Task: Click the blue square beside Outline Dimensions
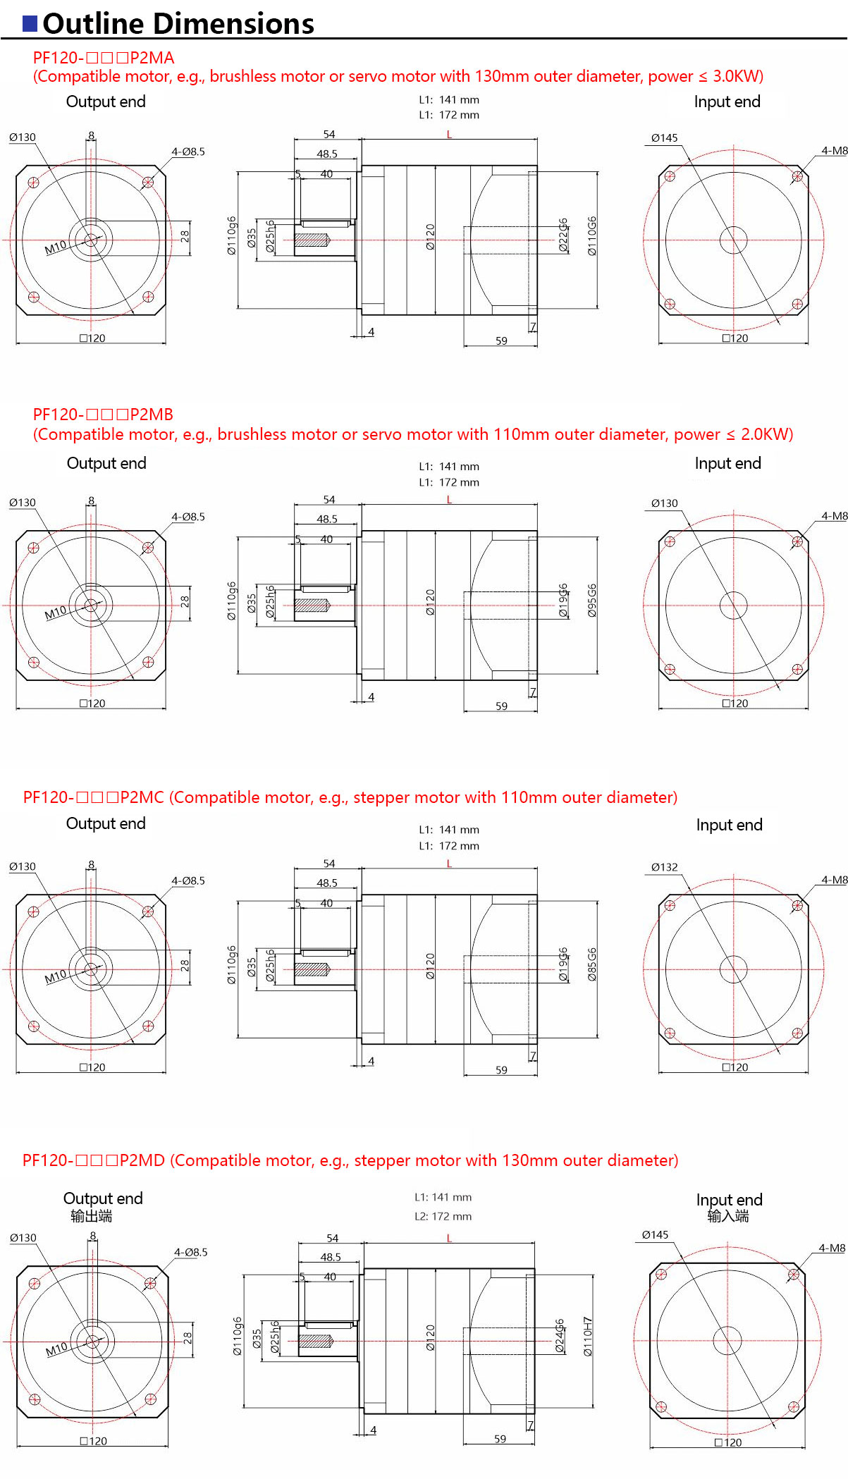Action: pyautogui.click(x=30, y=24)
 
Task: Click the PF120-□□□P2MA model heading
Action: pyautogui.click(x=103, y=58)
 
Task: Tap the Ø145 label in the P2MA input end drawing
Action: pyautogui.click(x=664, y=138)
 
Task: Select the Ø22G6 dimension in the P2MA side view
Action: pyautogui.click(x=563, y=235)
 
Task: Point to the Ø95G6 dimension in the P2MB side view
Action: pyautogui.click(x=592, y=601)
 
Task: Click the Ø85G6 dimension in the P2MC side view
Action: pyautogui.click(x=592, y=964)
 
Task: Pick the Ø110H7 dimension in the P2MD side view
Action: pyautogui.click(x=588, y=1337)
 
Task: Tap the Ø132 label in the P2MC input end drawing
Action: pyautogui.click(x=664, y=867)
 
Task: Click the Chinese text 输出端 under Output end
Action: pyautogui.click(x=91, y=1216)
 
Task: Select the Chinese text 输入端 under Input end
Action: pyautogui.click(x=728, y=1216)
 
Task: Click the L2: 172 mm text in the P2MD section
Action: pyautogui.click(x=443, y=1216)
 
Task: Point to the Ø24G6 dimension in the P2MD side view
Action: pyautogui.click(x=560, y=1336)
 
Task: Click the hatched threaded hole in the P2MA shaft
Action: pyautogui.click(x=312, y=240)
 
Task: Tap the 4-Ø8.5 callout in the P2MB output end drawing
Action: pyautogui.click(x=188, y=517)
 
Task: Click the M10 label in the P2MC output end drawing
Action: pyautogui.click(x=55, y=977)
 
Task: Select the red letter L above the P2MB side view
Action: pyautogui.click(x=449, y=500)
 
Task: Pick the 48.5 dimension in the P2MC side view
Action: pyautogui.click(x=327, y=883)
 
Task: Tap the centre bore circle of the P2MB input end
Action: pyautogui.click(x=733, y=605)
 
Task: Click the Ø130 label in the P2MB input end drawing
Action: pyautogui.click(x=664, y=503)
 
